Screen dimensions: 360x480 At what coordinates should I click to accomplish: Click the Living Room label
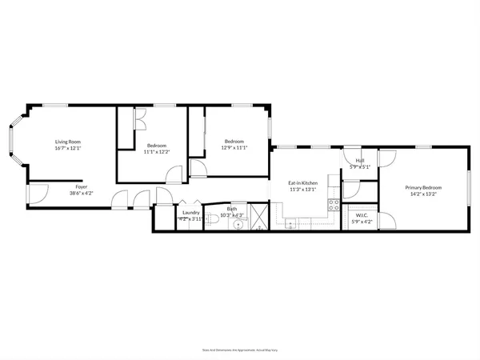pos(69,142)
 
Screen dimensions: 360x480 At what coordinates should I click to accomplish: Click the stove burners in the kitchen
pos(334,206)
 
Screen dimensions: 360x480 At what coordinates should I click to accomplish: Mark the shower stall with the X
pos(259,217)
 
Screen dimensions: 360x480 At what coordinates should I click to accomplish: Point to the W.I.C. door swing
pos(386,220)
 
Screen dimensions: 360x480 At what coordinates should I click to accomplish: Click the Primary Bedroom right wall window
pos(470,190)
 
